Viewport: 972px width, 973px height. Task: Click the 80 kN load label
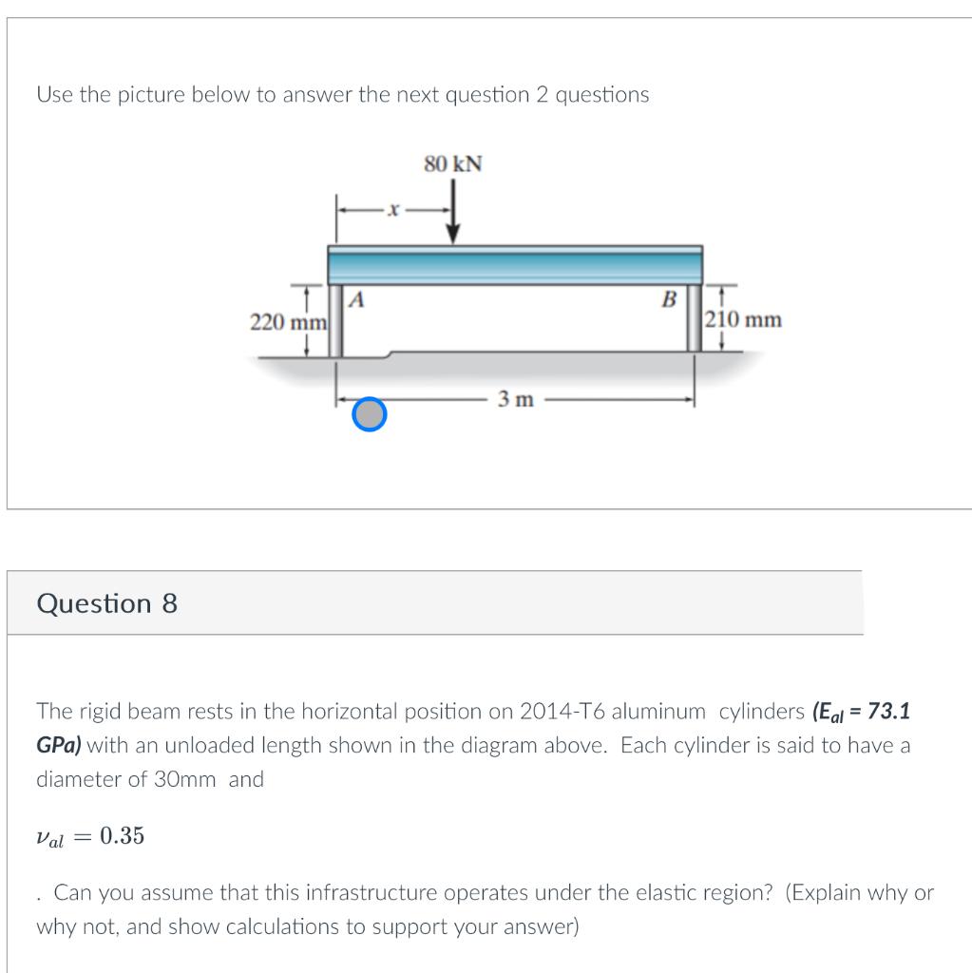(x=453, y=164)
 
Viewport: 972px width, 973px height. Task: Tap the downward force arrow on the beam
(x=454, y=215)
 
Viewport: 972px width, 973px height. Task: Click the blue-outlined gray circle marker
(x=370, y=413)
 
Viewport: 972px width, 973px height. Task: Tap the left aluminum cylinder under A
(x=335, y=320)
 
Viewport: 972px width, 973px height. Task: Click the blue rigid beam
(x=514, y=263)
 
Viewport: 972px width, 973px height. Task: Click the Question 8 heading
(x=106, y=604)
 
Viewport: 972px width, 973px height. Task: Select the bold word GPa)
(x=58, y=746)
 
